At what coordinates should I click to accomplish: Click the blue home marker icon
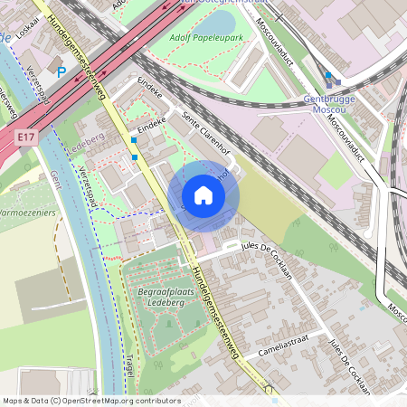203,194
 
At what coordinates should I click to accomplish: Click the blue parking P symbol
62,71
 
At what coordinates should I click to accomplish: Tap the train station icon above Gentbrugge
327,76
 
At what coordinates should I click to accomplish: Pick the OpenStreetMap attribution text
79,401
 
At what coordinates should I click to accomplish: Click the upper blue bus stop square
134,140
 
